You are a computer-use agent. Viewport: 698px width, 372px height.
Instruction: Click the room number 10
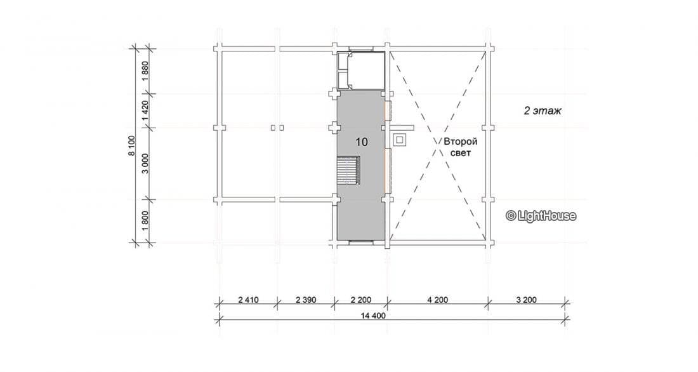click(x=362, y=142)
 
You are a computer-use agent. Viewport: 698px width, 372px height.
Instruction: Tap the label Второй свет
click(x=460, y=147)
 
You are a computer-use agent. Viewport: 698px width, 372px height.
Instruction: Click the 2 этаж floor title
click(x=542, y=111)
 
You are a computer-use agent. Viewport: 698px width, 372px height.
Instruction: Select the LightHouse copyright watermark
click(x=541, y=216)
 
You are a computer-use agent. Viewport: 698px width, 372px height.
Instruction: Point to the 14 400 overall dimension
click(x=373, y=316)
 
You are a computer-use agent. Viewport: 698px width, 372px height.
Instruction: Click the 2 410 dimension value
click(x=248, y=300)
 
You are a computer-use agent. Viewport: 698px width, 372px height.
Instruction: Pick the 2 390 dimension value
click(x=306, y=300)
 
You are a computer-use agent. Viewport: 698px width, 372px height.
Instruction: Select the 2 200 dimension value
click(x=360, y=300)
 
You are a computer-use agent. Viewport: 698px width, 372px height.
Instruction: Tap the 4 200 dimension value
click(x=438, y=300)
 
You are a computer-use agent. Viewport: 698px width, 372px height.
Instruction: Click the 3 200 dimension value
click(x=526, y=300)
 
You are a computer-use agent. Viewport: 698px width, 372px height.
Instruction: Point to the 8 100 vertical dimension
click(x=131, y=145)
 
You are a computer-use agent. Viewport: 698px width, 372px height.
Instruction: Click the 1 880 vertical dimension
click(x=145, y=71)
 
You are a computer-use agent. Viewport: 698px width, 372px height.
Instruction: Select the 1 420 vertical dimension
click(x=145, y=110)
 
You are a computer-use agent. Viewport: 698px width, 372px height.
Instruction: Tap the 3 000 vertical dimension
click(x=145, y=164)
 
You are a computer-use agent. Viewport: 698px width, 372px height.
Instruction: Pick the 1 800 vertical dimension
click(x=145, y=221)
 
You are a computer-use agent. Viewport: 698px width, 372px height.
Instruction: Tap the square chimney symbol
click(x=400, y=140)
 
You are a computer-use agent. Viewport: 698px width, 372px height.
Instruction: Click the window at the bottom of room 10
click(x=361, y=242)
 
